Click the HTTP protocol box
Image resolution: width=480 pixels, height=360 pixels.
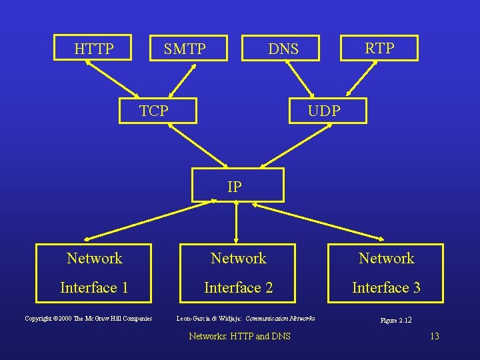coord(94,49)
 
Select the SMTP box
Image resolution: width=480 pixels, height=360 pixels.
coord(185,49)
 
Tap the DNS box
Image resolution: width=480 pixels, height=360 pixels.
coord(283,49)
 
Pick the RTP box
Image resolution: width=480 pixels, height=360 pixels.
coord(379,48)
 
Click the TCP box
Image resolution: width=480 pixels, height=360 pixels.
coord(157,110)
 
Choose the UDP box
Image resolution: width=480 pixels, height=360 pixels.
coord(327,110)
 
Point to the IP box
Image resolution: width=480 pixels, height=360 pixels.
coord(237,185)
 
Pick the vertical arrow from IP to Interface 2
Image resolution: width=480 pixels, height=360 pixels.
coord(237,221)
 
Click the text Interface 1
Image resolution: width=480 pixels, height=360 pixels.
coord(94,287)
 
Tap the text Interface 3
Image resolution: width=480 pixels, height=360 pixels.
coord(386,287)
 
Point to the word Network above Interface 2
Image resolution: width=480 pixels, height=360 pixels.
coord(238,258)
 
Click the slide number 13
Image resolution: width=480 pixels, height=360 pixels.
coord(435,336)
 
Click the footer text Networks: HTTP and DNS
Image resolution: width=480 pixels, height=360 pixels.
coord(240,336)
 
